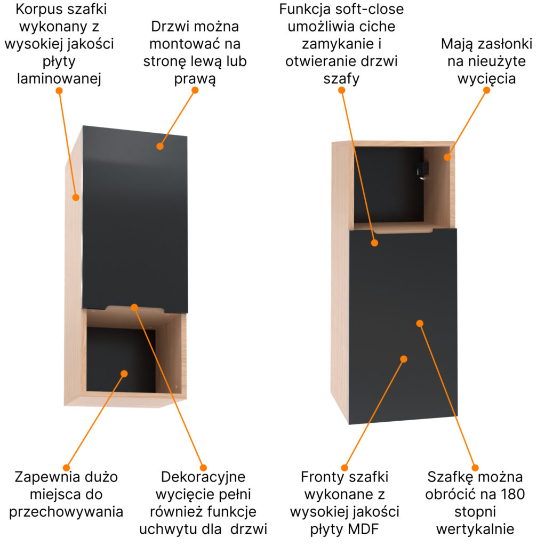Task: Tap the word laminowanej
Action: tap(59, 79)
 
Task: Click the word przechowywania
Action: tap(67, 511)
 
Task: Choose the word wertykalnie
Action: tap(475, 529)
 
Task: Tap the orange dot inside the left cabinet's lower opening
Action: tap(124, 373)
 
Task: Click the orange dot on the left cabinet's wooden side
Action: tap(76, 197)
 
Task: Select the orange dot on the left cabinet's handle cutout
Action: tap(134, 307)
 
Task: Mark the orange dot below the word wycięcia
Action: tap(486, 90)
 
